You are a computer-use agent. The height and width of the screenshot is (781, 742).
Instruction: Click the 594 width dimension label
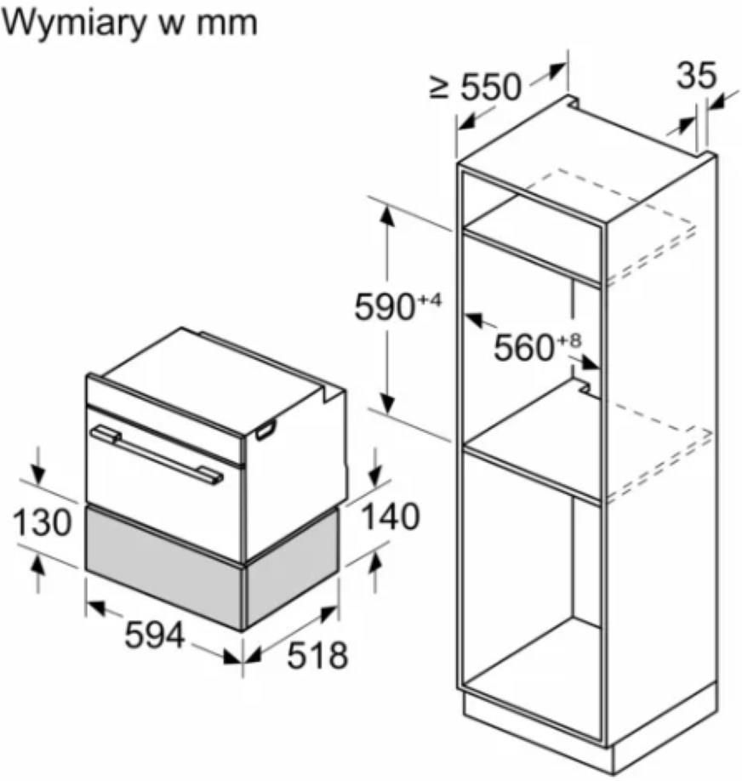pos(154,634)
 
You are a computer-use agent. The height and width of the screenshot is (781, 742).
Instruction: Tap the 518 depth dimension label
pos(317,655)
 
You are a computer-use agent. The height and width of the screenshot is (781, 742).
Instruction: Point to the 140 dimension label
pos(389,516)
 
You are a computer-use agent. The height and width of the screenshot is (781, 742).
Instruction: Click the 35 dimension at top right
pos(696,76)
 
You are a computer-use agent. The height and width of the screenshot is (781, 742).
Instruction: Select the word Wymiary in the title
pos(73,24)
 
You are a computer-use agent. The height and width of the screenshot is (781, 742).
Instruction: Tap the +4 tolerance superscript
pos(430,300)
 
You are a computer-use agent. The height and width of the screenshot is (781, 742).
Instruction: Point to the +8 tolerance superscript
pos(569,340)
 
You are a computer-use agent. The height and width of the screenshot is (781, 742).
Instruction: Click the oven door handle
pos(157,454)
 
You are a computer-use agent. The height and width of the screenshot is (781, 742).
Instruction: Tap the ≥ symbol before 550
pos(438,88)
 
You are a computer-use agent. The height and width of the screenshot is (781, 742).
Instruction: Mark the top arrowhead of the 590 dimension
pos(387,214)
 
